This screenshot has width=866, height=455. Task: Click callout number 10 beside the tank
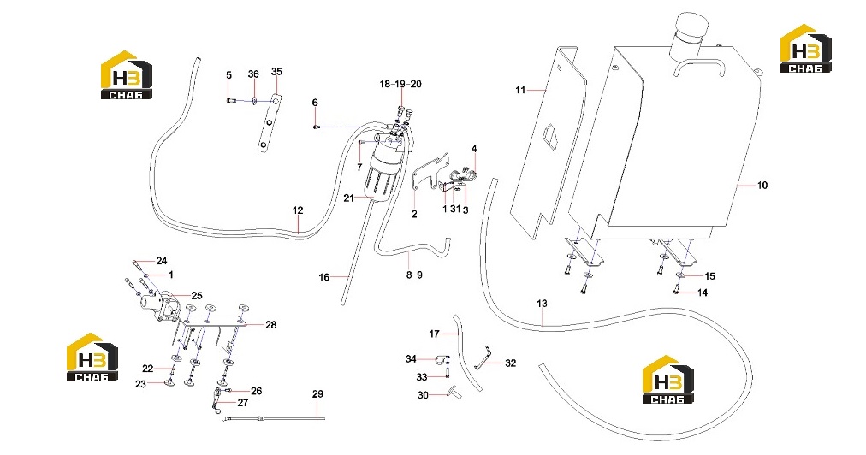click(x=762, y=186)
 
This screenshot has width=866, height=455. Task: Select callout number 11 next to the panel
click(x=520, y=90)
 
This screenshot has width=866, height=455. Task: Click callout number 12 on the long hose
click(x=298, y=210)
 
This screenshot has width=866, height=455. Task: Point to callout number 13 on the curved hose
click(x=542, y=303)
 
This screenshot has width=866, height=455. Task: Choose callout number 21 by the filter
click(x=348, y=198)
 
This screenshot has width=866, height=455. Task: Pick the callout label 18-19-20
click(x=400, y=84)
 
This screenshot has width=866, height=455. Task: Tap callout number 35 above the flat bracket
click(x=276, y=72)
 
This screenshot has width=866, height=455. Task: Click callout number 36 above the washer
click(x=253, y=74)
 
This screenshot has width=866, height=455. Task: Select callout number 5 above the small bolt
click(x=228, y=75)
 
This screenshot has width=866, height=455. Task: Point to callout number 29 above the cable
click(x=317, y=394)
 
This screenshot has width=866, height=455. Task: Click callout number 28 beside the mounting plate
click(x=270, y=325)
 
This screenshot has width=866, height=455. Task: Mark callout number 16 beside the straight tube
click(x=324, y=277)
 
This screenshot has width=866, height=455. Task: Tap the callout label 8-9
click(x=414, y=275)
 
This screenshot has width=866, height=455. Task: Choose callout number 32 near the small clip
click(x=510, y=363)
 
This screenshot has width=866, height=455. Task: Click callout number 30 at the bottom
click(x=423, y=395)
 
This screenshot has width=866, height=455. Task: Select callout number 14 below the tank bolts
click(x=703, y=292)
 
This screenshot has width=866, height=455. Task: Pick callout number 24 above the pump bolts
click(x=161, y=261)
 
